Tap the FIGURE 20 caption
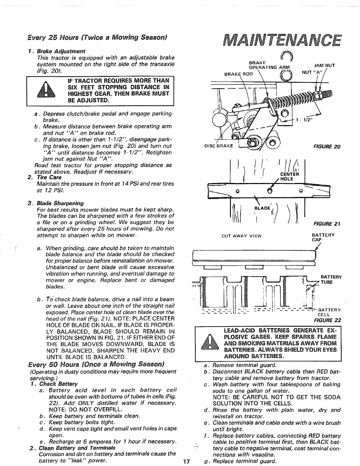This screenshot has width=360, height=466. pyautogui.click(x=327, y=147)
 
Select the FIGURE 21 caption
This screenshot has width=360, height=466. pyautogui.click(x=327, y=224)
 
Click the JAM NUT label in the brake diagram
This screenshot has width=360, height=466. pyautogui.click(x=324, y=65)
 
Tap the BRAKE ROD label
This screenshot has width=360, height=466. pyautogui.click(x=239, y=74)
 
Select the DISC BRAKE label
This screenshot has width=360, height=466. pyautogui.click(x=219, y=146)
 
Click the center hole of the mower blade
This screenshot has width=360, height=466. pyautogui.click(x=269, y=190)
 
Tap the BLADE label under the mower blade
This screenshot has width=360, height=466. pyautogui.click(x=262, y=208)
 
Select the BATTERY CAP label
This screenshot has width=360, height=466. pyautogui.click(x=323, y=237)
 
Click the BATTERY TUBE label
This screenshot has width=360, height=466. pyautogui.click(x=331, y=280)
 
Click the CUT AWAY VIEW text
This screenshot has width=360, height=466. pyautogui.click(x=241, y=236)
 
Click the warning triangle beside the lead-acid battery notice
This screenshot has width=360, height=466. pyautogui.click(x=210, y=342)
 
